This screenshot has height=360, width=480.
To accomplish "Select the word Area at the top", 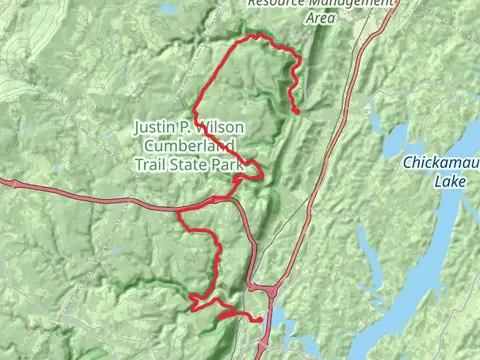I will point(319,17).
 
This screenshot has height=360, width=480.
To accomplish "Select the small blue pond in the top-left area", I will point(168,9).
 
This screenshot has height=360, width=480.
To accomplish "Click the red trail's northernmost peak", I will point(258,35).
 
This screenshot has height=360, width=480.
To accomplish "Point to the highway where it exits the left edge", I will point(3,182).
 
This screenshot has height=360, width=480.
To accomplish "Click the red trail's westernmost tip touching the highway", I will point(179,212).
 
